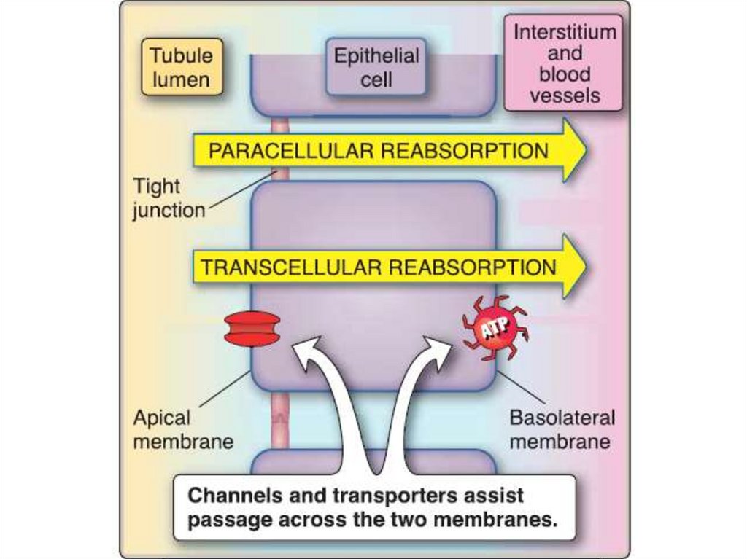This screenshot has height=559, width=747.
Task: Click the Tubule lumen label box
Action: point(182,67)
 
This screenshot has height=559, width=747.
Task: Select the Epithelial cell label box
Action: point(376,68)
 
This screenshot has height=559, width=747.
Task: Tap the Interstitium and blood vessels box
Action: point(564,63)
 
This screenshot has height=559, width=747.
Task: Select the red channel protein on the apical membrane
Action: point(252,329)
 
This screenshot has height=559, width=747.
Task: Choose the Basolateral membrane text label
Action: point(561,429)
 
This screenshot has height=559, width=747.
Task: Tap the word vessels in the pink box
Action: point(565,95)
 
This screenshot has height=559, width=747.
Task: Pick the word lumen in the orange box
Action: point(181,79)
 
